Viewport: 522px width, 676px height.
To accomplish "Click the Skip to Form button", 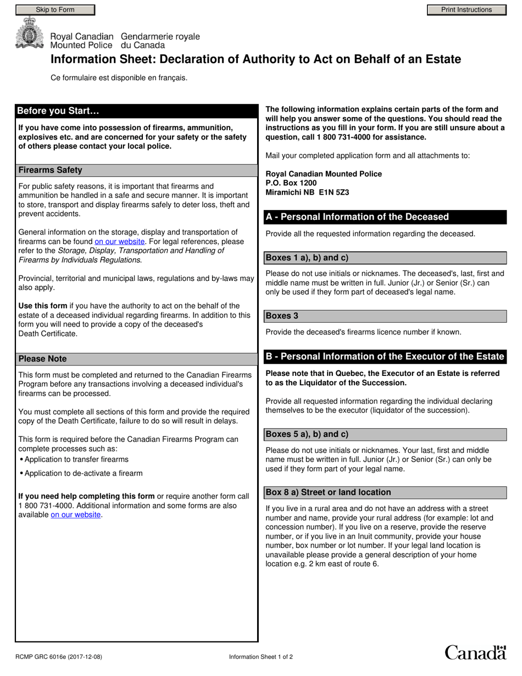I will coord(55,10).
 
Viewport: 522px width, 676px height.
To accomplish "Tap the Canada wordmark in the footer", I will coord(475,652).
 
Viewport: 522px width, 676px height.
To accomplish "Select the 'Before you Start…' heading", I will coord(58,111).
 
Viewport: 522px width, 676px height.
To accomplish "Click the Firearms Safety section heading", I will coord(51,170).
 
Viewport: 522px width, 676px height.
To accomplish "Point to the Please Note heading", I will coord(43,359).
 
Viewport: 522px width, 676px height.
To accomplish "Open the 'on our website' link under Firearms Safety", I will coord(120,241).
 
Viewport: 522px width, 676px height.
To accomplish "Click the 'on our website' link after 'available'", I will coord(76,515).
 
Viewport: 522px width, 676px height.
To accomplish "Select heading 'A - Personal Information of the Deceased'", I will coord(357,217).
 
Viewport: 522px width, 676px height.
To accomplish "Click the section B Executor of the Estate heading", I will coord(385,357).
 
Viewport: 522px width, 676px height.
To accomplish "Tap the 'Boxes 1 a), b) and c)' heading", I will coord(307,258).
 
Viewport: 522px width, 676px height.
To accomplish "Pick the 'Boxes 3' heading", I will coord(282,316).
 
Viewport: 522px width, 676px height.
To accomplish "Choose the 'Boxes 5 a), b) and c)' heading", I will coord(307,434).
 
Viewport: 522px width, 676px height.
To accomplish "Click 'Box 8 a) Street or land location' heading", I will coord(329,492).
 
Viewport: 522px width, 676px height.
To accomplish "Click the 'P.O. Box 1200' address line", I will coord(291,183).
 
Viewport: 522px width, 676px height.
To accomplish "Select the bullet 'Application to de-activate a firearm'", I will coord(84,473).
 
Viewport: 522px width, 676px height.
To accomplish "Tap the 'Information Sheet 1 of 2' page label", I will coord(261,657).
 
